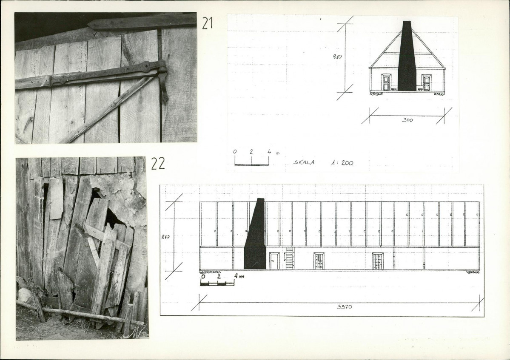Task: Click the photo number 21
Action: [207, 23]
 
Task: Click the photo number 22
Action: [158, 164]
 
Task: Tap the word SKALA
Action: [304, 162]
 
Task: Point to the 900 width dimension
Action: [407, 120]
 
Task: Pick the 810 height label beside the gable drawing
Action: [337, 56]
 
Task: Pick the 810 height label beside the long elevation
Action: [165, 237]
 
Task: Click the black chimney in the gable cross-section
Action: [407, 56]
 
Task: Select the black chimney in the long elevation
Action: [256, 234]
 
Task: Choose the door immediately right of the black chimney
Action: [274, 261]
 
